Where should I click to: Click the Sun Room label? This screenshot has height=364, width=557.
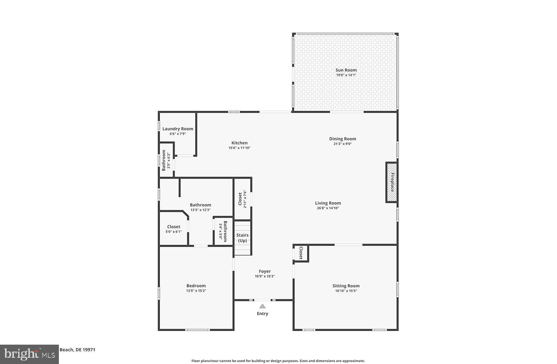click(346, 70)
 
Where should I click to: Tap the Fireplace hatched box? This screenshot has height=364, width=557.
click(392, 182)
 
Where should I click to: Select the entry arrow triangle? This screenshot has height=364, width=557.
click(263, 306)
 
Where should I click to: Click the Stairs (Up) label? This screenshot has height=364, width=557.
click(242, 238)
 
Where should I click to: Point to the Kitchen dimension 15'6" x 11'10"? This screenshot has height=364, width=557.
click(239, 148)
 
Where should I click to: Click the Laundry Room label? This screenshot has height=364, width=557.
click(178, 129)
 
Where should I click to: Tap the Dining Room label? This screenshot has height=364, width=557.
click(342, 139)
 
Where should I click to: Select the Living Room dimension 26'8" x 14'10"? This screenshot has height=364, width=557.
click(328, 208)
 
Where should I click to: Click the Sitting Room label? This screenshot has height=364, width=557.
click(346, 286)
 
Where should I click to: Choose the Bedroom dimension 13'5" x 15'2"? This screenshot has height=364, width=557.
click(196, 291)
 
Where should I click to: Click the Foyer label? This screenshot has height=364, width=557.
click(265, 271)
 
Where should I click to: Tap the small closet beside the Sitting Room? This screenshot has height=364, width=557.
click(301, 253)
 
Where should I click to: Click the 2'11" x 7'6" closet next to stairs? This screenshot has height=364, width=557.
click(242, 199)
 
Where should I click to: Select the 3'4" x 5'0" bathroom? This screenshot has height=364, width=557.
click(223, 231)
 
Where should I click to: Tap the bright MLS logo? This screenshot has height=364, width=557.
click(29, 354)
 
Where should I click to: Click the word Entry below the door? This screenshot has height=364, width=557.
click(263, 314)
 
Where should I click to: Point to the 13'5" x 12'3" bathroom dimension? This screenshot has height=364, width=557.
click(200, 210)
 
